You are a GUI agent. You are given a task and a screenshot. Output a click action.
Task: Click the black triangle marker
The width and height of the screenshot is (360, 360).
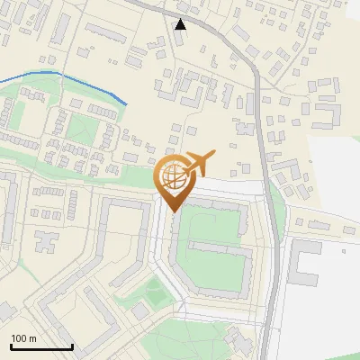pyautogui.click(x=181, y=24)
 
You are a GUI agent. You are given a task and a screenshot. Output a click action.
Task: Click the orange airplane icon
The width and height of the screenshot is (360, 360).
pyautogui.click(x=200, y=164)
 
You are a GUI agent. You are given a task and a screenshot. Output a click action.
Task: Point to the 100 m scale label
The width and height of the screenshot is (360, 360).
pyautogui.click(x=23, y=338)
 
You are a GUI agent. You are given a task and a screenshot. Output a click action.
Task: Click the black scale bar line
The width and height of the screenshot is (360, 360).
pyautogui.click(x=40, y=346)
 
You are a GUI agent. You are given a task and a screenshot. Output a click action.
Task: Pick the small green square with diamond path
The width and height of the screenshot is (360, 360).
pyautogui.click(x=156, y=290)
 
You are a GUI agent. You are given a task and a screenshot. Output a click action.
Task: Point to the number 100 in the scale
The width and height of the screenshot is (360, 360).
pyautogui.click(x=19, y=338)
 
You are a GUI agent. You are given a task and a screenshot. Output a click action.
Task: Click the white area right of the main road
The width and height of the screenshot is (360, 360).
pyautogui.click(x=328, y=180)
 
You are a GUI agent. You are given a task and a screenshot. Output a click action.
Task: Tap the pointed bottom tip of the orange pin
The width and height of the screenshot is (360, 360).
pyautogui.click(x=172, y=210)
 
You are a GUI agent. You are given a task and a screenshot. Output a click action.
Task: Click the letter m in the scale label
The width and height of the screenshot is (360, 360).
pyautogui.click(x=31, y=338)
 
